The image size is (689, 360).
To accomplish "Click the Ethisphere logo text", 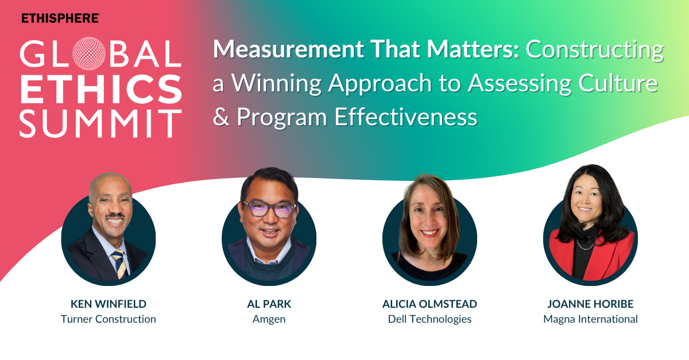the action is click(x=60, y=18).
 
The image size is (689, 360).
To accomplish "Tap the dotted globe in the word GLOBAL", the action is click(x=89, y=53).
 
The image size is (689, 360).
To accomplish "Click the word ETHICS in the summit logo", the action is click(x=101, y=89).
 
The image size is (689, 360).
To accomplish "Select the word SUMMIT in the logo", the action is click(x=100, y=123).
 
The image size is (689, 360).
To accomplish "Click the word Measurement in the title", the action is click(x=288, y=49).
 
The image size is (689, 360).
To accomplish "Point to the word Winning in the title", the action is click(x=276, y=83).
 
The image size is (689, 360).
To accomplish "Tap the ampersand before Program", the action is click(x=221, y=117).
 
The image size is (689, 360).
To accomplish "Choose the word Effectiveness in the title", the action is click(x=406, y=117).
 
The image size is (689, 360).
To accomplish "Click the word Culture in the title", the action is click(x=618, y=83).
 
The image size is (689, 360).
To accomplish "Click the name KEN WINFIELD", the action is click(x=109, y=304).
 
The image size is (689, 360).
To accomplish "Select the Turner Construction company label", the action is click(x=109, y=319).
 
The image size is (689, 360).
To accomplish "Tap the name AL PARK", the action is click(x=269, y=304).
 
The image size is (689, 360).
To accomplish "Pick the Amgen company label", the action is click(x=269, y=320).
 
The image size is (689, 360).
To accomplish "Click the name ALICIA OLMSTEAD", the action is click(x=429, y=304).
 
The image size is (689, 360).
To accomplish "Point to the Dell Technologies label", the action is click(x=429, y=320).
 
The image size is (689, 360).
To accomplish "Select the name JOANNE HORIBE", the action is click(x=590, y=304).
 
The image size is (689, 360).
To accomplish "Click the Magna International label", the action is click(x=591, y=320).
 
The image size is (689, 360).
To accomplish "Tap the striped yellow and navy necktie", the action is click(x=121, y=264).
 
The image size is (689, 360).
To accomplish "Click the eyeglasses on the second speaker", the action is click(x=269, y=209).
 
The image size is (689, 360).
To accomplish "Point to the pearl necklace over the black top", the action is click(x=587, y=245).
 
